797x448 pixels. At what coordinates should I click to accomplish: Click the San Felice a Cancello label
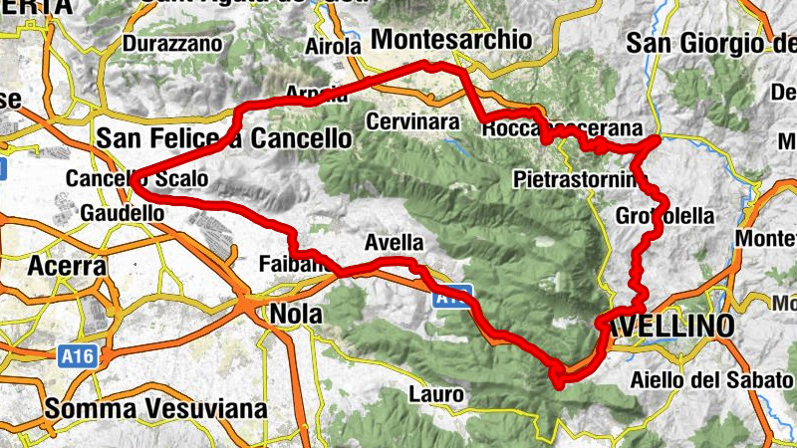coord(224,137)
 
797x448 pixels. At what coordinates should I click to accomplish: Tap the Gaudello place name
coord(122,213)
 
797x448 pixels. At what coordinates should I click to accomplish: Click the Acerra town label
coord(67,266)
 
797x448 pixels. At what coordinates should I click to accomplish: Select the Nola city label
coord(296,314)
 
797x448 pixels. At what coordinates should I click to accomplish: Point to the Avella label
coord(395,242)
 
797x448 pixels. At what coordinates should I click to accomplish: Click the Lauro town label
coord(436,395)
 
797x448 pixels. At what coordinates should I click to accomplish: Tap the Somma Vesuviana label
coord(156,408)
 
